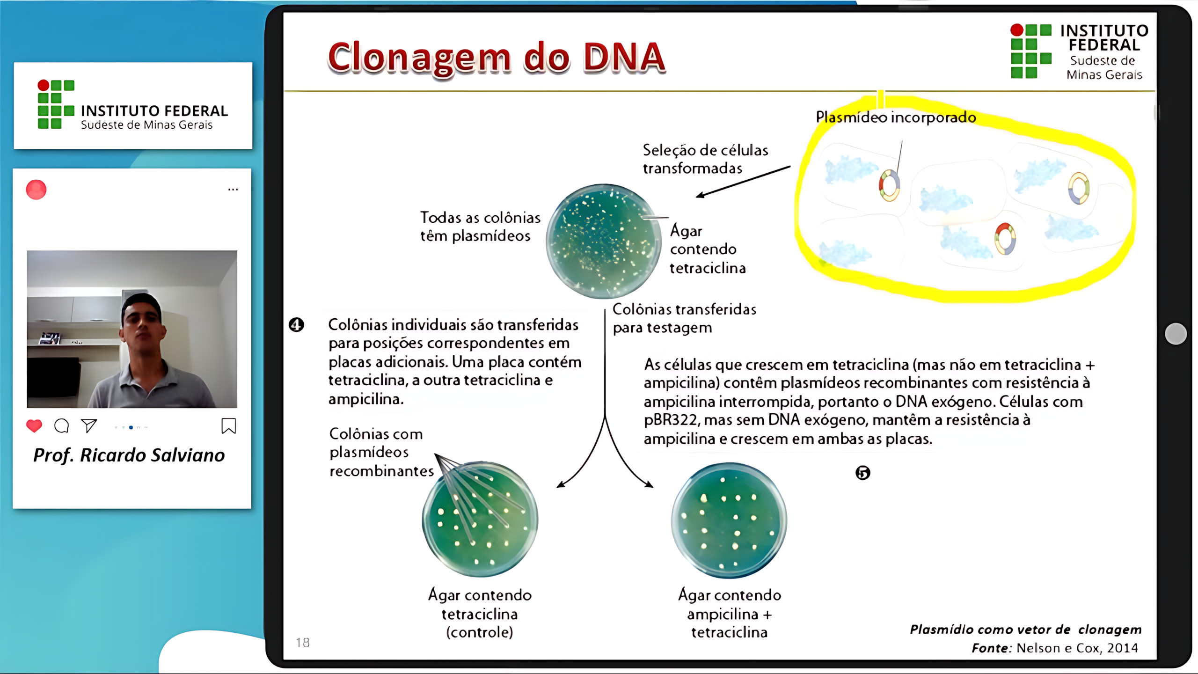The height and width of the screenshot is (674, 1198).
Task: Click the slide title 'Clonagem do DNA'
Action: tap(496, 58)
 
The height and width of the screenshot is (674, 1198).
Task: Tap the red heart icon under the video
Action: tap(34, 426)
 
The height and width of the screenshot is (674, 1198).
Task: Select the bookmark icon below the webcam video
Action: tap(228, 426)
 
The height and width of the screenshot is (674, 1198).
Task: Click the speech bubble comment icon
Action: tap(61, 426)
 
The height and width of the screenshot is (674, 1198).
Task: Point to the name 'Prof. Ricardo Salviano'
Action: tap(129, 455)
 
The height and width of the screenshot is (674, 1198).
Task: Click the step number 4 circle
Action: tap(296, 324)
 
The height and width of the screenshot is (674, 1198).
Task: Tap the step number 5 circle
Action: tap(862, 473)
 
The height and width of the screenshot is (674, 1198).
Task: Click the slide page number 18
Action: tap(303, 643)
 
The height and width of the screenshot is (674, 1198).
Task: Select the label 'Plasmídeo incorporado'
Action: tap(896, 117)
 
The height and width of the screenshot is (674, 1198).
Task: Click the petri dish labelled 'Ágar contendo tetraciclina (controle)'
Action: tap(480, 520)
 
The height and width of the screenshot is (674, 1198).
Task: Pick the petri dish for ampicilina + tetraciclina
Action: tap(729, 520)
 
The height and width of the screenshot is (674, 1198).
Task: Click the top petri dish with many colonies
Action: tap(603, 241)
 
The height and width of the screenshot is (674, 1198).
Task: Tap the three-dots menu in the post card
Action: tap(233, 190)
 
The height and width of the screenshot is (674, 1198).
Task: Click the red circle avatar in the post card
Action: tap(36, 190)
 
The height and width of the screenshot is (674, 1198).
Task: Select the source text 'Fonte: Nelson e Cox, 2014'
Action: tap(1054, 648)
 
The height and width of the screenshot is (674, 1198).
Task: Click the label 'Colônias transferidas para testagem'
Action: tap(684, 318)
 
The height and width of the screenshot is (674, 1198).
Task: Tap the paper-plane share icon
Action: tap(89, 425)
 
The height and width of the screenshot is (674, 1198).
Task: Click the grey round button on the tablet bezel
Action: tap(1176, 334)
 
